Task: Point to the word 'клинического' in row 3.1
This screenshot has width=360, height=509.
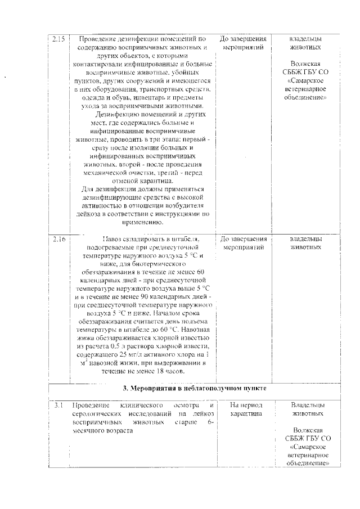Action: pyautogui.click(x=142, y=406)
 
